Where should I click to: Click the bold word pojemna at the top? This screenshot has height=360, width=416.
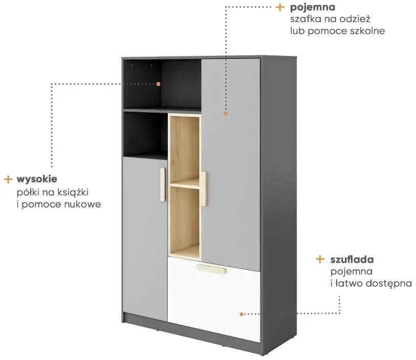point(313,8)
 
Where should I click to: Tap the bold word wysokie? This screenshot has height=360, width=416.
point(37,179)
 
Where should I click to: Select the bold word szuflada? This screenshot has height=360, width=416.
point(352,260)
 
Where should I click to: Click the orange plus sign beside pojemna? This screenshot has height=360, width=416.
point(280,7)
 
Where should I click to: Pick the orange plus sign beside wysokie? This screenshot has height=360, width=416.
point(8,179)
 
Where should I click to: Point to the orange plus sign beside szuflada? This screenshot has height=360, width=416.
point(320,259)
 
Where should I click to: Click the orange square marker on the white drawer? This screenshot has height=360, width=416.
point(242,314)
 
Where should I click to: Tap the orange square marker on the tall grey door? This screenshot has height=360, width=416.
point(226,114)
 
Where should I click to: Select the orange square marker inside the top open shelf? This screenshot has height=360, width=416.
point(159,84)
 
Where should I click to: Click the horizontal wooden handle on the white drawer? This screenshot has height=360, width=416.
point(212,269)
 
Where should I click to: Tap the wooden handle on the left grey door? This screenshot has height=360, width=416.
point(163,184)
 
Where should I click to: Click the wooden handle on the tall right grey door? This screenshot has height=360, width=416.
point(204,188)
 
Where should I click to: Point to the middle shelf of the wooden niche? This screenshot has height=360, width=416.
point(185,183)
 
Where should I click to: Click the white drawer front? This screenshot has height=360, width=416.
point(214,299)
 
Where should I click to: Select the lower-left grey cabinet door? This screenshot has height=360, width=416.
point(145,238)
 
